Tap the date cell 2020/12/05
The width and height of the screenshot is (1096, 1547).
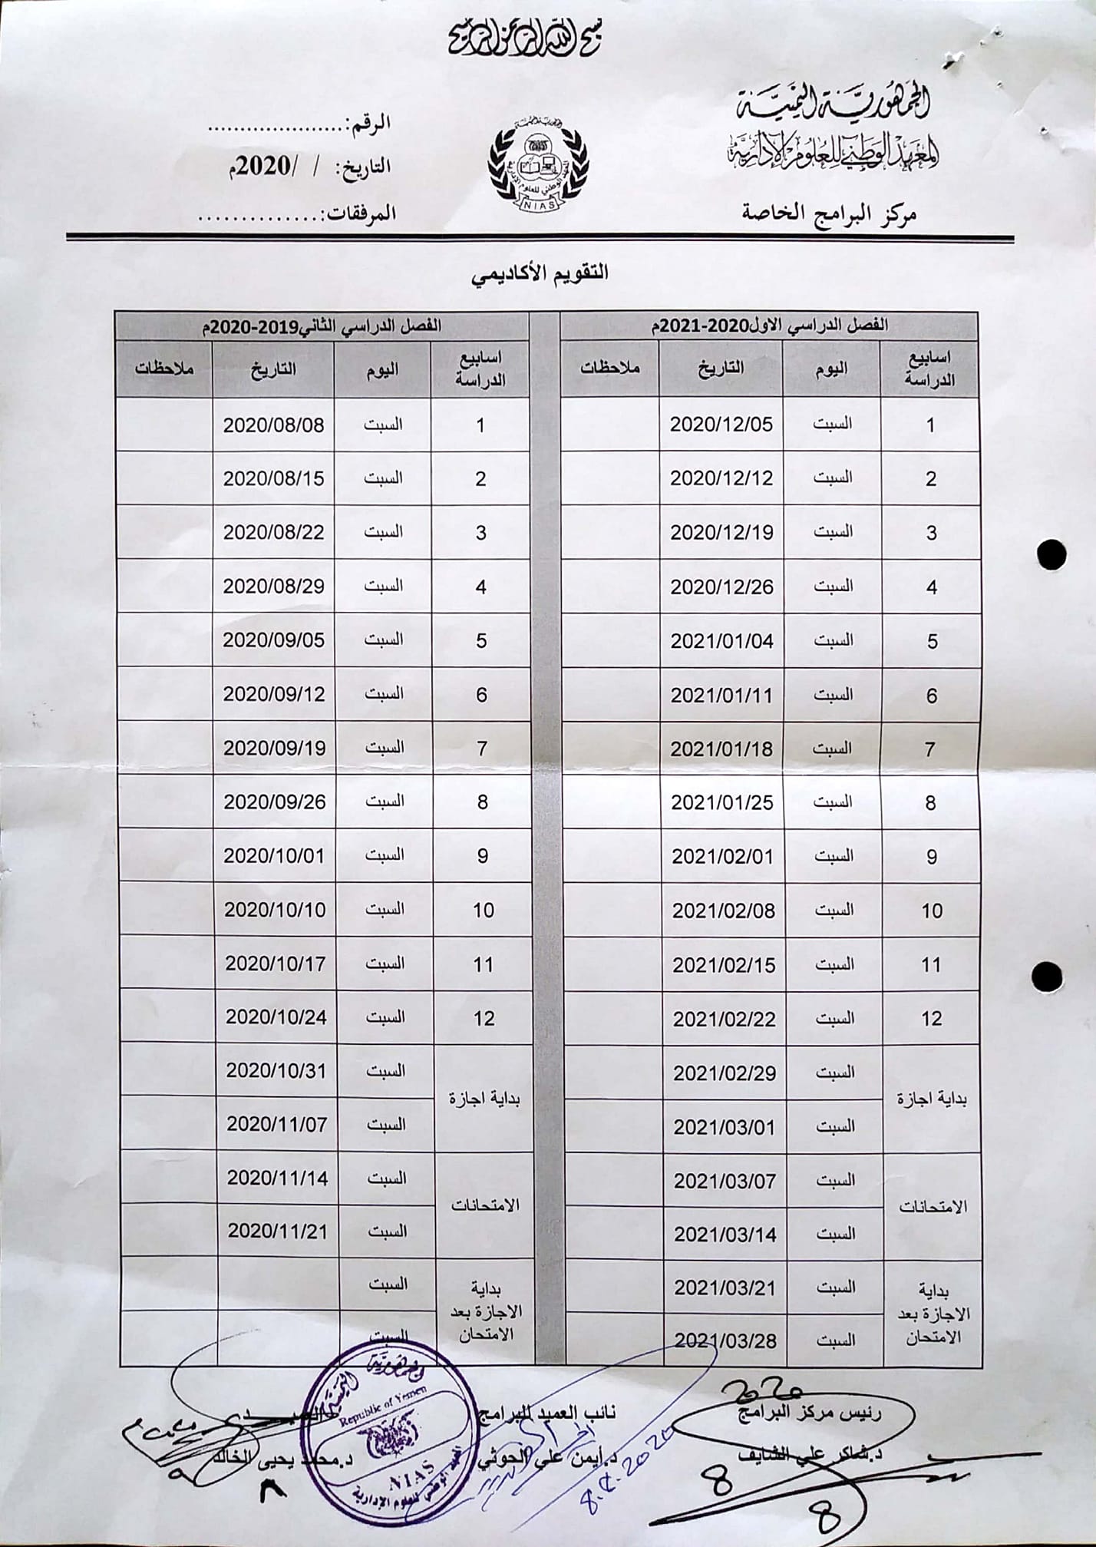[x=721, y=425]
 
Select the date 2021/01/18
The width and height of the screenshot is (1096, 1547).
[x=721, y=749]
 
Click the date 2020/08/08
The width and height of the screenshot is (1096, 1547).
[x=273, y=425]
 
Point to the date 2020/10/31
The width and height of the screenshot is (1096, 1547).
[x=276, y=1070]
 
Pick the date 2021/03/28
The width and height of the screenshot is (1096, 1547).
[x=725, y=1340]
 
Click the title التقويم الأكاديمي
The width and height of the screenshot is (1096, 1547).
[x=540, y=273]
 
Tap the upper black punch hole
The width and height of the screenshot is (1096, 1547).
[x=1050, y=554]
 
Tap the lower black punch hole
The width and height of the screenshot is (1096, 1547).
[x=1046, y=977]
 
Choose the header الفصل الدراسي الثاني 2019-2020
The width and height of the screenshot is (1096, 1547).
[x=322, y=325]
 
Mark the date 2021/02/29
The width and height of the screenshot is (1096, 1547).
[x=725, y=1073]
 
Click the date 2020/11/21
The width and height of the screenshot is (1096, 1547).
[x=277, y=1231]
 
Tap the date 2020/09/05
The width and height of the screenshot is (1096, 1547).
[x=274, y=640]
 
